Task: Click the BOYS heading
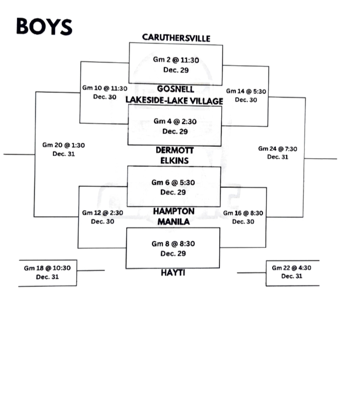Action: point(44,26)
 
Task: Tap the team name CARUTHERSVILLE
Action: point(176,37)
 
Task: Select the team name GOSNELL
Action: point(176,89)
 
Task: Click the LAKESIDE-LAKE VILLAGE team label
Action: point(175,101)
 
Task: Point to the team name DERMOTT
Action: point(175,150)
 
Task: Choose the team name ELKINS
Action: point(175,161)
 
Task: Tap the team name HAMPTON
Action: point(174,211)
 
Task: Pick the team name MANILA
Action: point(174,221)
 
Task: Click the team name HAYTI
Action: point(173,273)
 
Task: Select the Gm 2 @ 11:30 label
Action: point(176,60)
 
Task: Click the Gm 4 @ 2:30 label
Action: point(175,122)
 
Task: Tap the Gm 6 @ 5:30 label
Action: point(173,182)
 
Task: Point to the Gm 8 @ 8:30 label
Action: point(173,244)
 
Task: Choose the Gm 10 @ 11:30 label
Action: point(105,88)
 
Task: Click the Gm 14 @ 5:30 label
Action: point(245,91)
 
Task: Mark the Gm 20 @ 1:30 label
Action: point(64,145)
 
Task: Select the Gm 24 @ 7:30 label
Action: point(277,149)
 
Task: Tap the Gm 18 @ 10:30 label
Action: point(47,267)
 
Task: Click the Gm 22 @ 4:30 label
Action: point(292,267)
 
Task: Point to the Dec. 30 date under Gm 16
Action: point(244,222)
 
